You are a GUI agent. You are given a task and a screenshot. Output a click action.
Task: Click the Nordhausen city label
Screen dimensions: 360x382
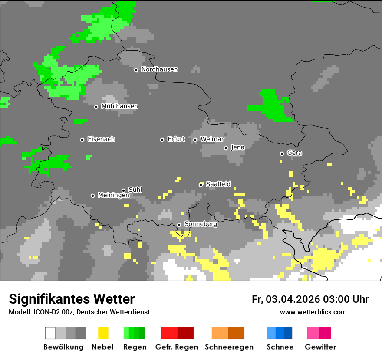click(159, 69)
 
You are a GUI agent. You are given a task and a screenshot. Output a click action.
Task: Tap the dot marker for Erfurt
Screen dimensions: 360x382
click(162, 140)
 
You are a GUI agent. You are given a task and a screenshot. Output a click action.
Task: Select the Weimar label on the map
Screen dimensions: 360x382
click(212, 139)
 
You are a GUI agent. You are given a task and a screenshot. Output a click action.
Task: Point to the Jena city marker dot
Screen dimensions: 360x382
click(226, 148)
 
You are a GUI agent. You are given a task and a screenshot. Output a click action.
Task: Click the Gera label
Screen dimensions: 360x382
click(294, 153)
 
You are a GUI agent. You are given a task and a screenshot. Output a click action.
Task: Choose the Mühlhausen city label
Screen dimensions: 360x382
click(119, 106)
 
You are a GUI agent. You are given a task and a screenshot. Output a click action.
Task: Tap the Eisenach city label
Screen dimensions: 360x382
click(101, 139)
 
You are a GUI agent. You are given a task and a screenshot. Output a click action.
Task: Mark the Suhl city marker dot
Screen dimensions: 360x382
click(123, 190)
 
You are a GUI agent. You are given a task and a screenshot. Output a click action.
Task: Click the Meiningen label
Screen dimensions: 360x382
click(113, 196)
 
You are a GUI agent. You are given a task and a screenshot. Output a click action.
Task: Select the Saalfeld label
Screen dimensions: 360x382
click(218, 184)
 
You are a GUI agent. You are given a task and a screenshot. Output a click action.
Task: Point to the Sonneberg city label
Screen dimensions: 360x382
click(201, 224)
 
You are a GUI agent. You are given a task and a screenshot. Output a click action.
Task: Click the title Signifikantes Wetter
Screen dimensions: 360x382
click(72, 299)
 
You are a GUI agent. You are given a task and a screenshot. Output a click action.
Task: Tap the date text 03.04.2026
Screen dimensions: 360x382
click(293, 299)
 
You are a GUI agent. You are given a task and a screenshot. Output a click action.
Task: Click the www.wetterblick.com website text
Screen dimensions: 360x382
click(313, 312)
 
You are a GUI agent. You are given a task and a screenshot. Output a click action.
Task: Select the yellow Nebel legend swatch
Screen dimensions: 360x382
click(103, 333)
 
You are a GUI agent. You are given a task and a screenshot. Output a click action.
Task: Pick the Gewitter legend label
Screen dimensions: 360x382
click(320, 347)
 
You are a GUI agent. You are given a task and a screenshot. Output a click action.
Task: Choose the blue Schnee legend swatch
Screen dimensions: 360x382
click(280, 333)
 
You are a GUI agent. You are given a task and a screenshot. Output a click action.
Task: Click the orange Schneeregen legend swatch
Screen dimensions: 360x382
click(228, 333)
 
